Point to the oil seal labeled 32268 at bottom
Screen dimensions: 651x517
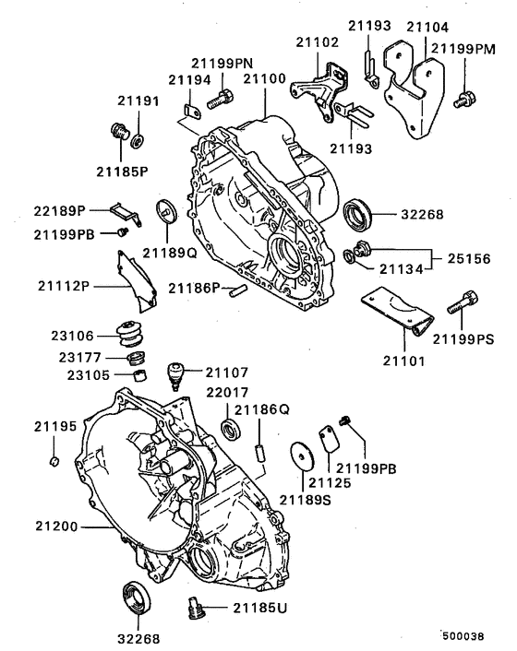(x=138, y=596)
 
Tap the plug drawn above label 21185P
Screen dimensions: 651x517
(x=118, y=131)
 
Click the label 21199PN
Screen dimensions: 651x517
(x=222, y=63)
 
